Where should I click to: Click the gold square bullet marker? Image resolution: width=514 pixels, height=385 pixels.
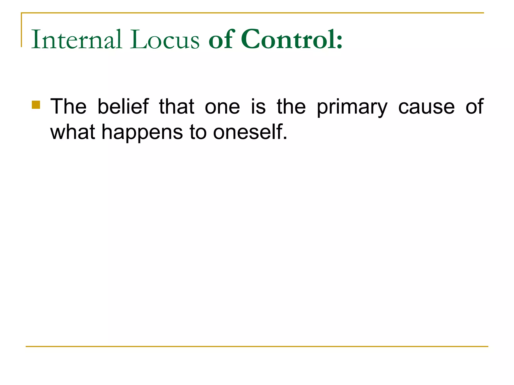36,105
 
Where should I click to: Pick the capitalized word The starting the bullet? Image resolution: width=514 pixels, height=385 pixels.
68,107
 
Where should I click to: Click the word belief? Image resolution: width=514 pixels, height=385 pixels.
123,107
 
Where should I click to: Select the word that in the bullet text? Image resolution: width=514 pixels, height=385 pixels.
177,107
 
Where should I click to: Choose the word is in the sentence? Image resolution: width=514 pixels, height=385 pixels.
258,107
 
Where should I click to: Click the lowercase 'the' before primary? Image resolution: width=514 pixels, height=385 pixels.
291,107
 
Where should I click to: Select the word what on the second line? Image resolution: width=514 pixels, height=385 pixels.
73,132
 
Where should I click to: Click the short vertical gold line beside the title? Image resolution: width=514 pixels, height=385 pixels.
21,30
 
